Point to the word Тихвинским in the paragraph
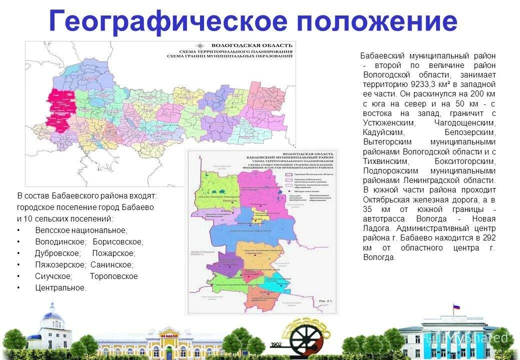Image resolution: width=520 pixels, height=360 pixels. [x=386, y=161]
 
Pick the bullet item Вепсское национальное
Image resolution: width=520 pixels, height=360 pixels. [x=81, y=230]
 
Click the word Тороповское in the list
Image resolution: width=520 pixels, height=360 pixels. [x=113, y=276]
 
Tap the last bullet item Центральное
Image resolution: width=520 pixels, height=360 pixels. [x=60, y=287]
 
